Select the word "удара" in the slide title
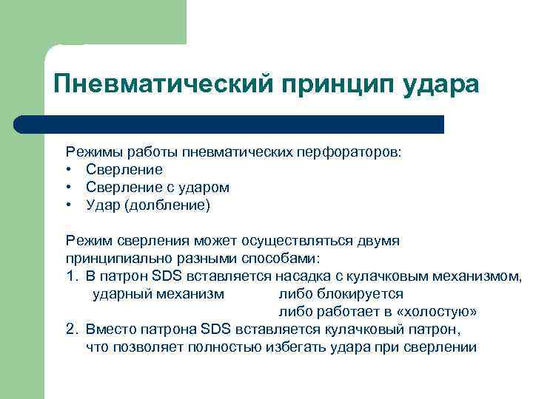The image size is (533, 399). [441, 83]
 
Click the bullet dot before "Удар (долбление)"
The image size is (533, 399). [70, 205]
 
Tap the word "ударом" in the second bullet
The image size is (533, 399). [207, 188]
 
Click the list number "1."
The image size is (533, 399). [71, 276]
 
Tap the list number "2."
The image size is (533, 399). [71, 330]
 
